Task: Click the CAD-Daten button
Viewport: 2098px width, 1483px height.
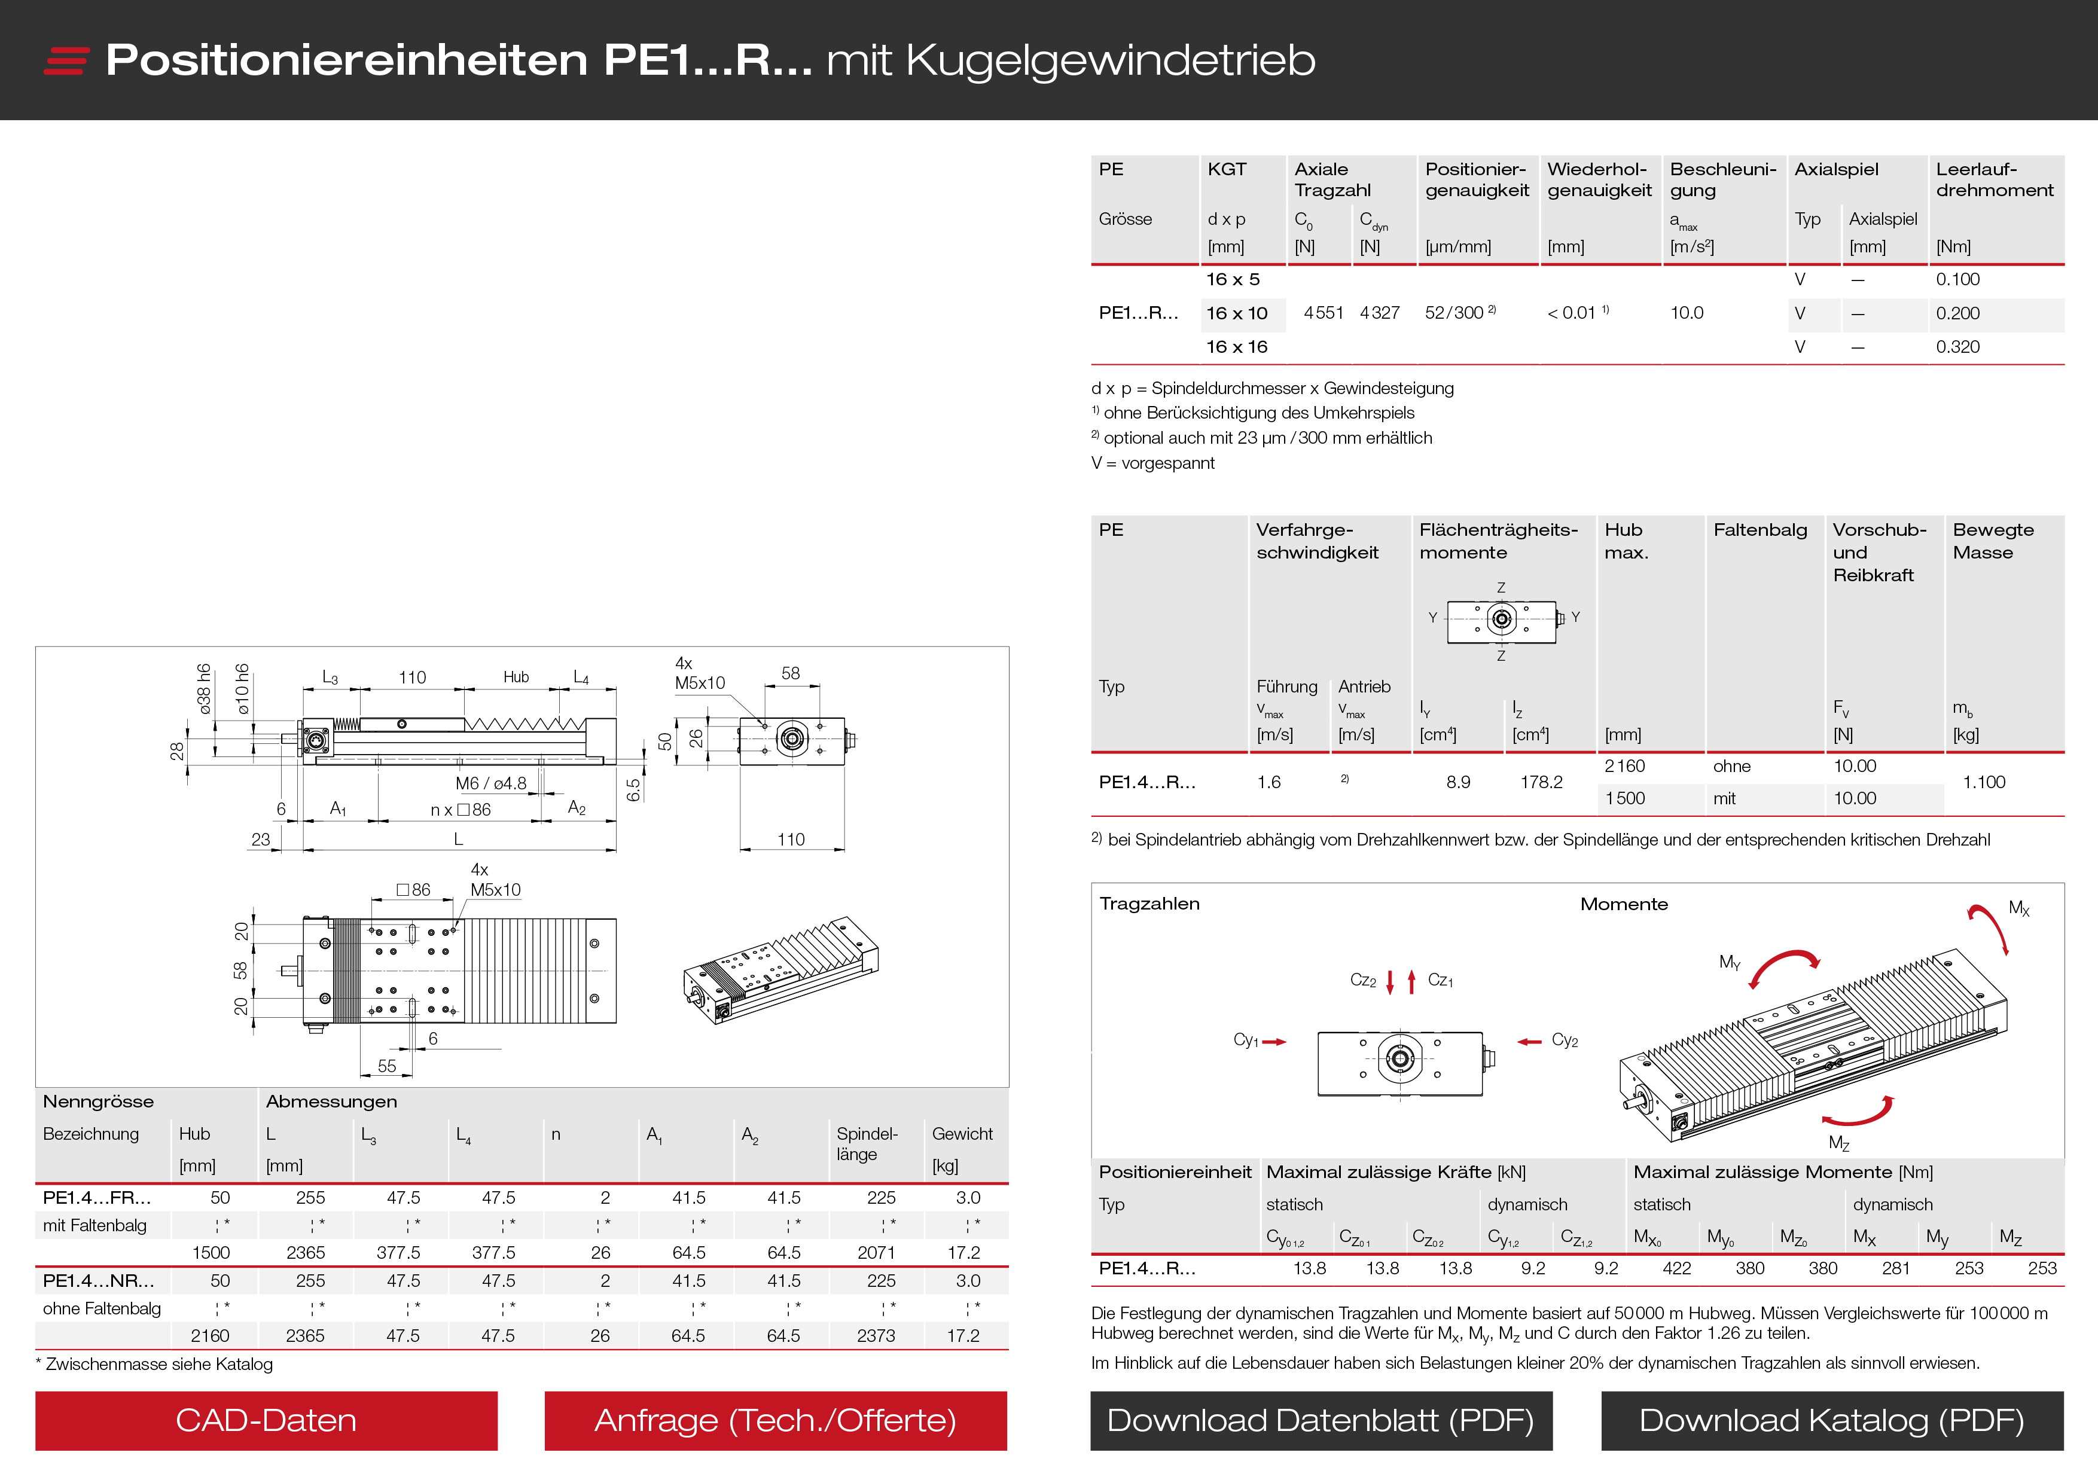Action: click(266, 1420)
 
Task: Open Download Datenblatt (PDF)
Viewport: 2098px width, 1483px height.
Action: click(1321, 1420)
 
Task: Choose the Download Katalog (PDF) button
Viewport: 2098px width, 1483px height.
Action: click(1831, 1420)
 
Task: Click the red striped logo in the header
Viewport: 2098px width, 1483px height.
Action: click(66, 60)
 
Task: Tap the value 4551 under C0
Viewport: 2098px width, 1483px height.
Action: click(1322, 313)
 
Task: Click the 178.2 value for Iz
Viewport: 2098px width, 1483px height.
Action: click(1541, 782)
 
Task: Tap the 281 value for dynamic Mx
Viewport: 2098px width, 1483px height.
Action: click(1895, 1268)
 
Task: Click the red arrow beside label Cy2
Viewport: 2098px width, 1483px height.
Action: click(1529, 1042)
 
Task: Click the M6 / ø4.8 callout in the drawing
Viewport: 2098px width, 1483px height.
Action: click(490, 783)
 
